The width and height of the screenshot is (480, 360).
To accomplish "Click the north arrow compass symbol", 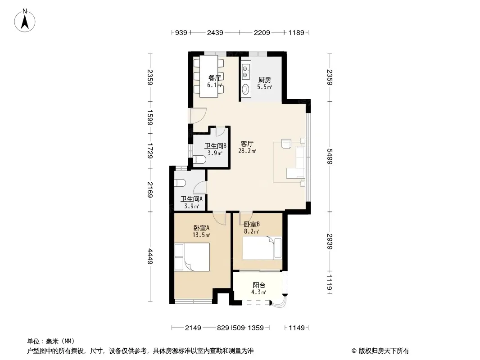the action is tap(25, 21).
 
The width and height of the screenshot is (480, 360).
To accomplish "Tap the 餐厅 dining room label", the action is tap(214, 78).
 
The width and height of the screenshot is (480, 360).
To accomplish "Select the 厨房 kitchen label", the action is tap(264, 80).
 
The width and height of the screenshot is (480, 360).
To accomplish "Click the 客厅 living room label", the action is tap(247, 144).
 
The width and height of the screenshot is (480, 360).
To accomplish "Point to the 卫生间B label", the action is tap(215, 146).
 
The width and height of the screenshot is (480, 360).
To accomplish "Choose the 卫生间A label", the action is tap(192, 199).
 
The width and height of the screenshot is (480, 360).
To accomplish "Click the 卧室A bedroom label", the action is tap(201, 228).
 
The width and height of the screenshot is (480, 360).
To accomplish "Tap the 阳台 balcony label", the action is tap(259, 285).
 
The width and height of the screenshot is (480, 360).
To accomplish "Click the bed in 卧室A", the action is tap(192, 257).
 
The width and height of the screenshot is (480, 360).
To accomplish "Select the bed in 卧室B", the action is tap(263, 248).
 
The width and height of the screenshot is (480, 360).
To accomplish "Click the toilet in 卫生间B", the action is tap(199, 159).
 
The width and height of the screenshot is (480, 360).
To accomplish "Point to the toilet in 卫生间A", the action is tap(180, 183).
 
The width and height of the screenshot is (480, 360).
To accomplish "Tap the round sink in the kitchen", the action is tap(245, 89).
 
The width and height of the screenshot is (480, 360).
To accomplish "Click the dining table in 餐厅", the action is tap(209, 76).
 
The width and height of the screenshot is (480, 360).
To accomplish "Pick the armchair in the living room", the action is tap(286, 144).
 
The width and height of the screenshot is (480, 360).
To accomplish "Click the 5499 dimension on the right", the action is tap(330, 156).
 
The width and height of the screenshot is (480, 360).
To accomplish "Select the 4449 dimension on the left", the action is tap(150, 256).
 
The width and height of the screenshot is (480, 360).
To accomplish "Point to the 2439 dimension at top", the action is tap(215, 32).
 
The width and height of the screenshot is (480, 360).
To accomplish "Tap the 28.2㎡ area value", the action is tap(247, 151).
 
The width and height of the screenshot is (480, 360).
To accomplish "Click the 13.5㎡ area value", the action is tap(201, 235).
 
